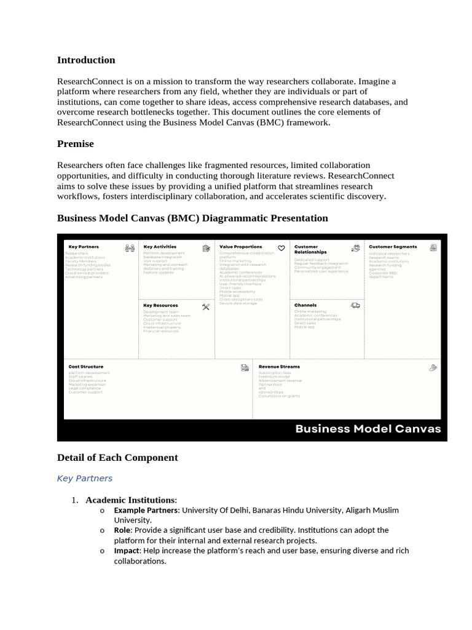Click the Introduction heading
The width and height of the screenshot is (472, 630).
coord(86,60)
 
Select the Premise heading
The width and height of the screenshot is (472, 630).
coord(76,144)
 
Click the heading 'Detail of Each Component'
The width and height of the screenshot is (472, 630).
coord(117,458)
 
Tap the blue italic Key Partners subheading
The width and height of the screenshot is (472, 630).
coord(85,478)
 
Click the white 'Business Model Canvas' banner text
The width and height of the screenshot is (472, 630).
coord(368,429)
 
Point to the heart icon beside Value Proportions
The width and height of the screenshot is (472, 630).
coord(281,249)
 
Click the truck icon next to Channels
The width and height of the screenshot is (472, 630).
coord(355,305)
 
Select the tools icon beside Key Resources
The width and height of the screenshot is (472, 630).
coord(206,307)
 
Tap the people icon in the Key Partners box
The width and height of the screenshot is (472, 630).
coord(130,249)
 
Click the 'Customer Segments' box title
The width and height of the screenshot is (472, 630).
coord(393,247)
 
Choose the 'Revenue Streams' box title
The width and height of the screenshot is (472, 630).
coord(279,367)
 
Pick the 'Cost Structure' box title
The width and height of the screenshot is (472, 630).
coord(86,367)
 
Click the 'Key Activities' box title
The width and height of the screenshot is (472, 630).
coord(160,247)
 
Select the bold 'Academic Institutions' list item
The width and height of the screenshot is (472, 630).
coord(130,500)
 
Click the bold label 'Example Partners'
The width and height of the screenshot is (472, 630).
coord(146,511)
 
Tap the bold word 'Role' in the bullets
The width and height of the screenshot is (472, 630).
coord(123,530)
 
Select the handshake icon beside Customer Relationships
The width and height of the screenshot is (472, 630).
coord(355,249)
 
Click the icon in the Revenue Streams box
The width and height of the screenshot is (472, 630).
coord(433,368)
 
